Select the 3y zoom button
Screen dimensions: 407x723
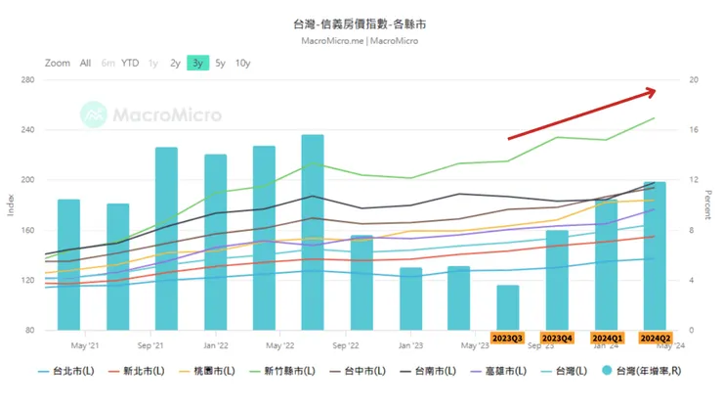(198, 63)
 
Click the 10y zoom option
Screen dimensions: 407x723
(242, 63)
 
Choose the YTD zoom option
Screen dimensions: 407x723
(130, 63)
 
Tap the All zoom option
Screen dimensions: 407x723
(85, 63)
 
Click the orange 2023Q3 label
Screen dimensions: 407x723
(508, 338)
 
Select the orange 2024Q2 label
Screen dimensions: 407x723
(655, 338)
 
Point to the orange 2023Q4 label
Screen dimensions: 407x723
(557, 338)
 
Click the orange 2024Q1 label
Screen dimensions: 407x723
(606, 338)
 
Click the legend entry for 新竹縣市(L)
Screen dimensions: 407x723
(284, 372)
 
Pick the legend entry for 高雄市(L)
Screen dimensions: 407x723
(505, 372)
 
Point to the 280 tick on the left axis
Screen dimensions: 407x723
(25, 80)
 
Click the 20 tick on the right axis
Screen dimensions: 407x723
(694, 80)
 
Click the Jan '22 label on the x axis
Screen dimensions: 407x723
(215, 345)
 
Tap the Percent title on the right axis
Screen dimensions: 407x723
(711, 204)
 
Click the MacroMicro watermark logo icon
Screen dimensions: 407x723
(95, 114)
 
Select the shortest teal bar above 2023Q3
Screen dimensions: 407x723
(508, 307)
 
